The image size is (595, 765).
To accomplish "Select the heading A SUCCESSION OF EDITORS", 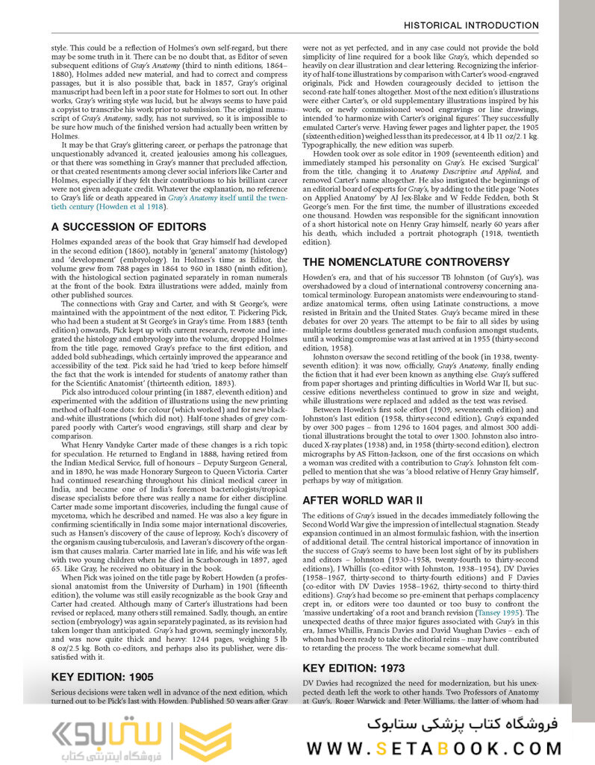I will [128, 226].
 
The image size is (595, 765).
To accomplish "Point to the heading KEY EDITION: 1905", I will [102, 677].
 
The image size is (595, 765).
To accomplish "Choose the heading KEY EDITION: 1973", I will [354, 667].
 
